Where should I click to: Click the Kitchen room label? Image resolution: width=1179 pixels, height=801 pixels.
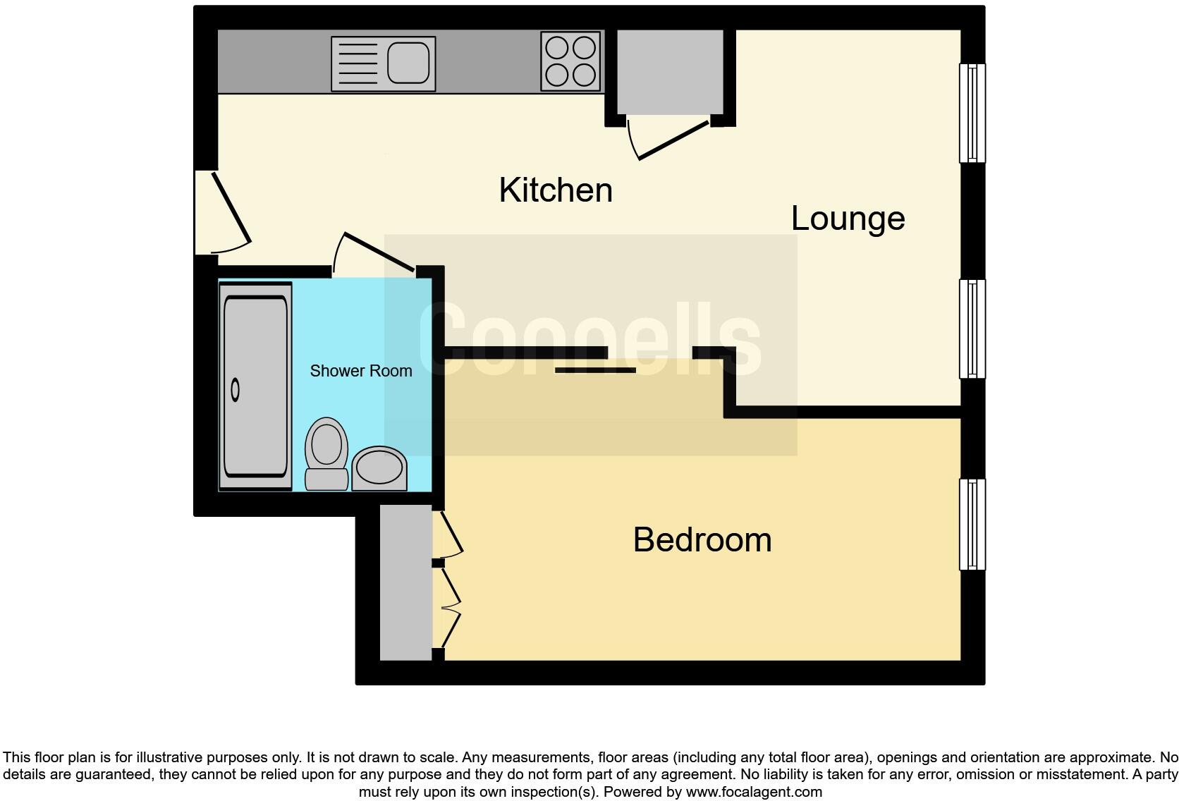point(556,190)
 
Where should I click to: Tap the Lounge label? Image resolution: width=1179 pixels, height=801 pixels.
point(848,219)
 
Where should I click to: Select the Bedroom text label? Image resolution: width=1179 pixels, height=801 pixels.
point(702,540)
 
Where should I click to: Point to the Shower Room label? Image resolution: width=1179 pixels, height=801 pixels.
point(361,371)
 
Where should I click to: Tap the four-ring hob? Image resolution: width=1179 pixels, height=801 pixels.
point(571,62)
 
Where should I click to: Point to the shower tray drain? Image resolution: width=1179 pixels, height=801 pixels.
point(236,389)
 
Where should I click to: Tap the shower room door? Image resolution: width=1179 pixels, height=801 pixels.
point(378,251)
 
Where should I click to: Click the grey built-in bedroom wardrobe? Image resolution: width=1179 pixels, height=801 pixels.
point(405,582)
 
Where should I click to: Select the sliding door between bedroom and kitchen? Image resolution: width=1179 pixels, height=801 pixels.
point(596,369)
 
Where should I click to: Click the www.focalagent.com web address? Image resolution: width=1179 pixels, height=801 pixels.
point(754,792)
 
